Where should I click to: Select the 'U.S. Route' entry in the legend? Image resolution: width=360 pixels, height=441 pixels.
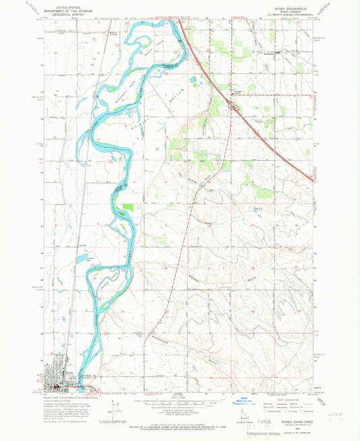[x=290, y=411]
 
